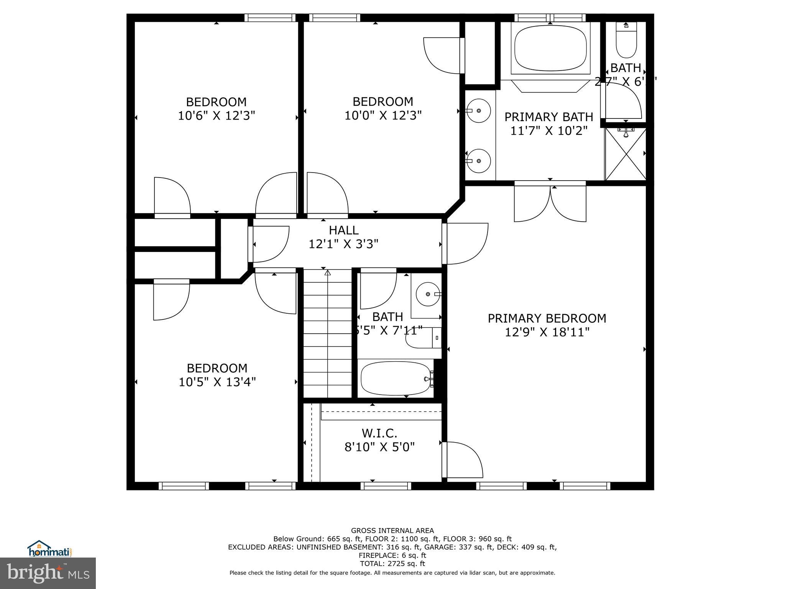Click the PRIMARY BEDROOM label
tap(547, 318)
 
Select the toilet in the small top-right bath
tap(626, 42)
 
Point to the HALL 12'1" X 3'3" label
tap(343, 237)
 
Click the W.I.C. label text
tap(379, 433)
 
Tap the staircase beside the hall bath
tap(328, 334)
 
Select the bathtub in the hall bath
tap(396, 378)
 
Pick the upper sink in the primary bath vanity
tap(478, 110)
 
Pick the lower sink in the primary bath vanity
tap(478, 161)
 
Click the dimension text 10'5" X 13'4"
tap(217, 382)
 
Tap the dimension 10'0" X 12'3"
tap(383, 115)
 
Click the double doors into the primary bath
tap(550, 203)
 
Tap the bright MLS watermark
tap(48, 573)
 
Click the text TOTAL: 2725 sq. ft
tap(392, 564)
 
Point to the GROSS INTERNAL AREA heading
tap(392, 531)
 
